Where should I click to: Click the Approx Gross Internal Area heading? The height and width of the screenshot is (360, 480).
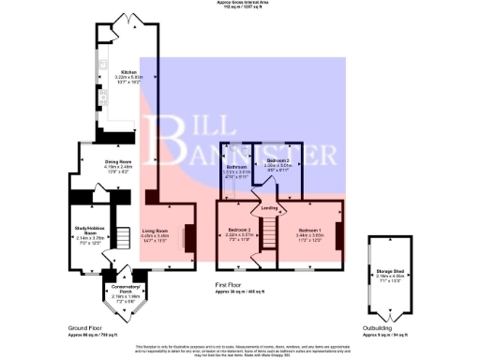239,5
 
